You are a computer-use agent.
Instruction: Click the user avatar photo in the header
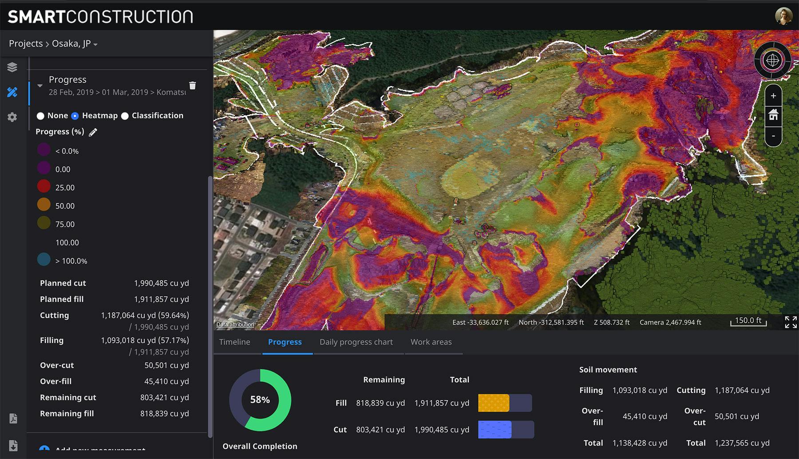point(783,16)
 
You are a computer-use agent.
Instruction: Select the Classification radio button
point(125,116)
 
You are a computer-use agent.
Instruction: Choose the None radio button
point(40,116)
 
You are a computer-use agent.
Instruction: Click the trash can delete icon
point(192,86)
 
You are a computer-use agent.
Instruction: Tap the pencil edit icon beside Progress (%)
point(93,132)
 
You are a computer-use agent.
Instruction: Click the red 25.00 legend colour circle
point(44,186)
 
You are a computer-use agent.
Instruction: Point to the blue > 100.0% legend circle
point(44,260)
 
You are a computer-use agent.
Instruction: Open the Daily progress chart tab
point(356,342)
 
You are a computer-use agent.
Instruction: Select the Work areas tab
point(431,342)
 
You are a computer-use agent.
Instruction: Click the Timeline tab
point(234,342)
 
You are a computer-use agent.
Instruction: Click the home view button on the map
point(773,115)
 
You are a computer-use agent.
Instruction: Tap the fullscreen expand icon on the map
point(791,322)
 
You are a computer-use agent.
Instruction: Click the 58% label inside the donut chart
point(260,400)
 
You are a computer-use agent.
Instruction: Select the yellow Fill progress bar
point(494,403)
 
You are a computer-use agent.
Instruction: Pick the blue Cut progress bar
point(494,430)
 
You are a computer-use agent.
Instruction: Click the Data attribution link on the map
point(235,324)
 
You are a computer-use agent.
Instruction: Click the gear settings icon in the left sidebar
point(12,117)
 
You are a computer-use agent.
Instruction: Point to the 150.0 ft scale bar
point(748,321)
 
